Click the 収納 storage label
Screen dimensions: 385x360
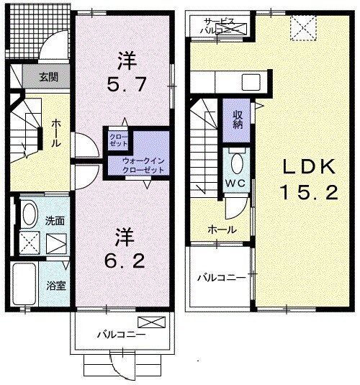(x=237, y=119)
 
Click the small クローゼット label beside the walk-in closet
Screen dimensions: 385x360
(x=117, y=139)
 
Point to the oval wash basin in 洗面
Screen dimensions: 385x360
(x=30, y=214)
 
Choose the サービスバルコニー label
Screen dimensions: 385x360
(x=220, y=27)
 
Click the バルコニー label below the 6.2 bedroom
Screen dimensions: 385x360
(x=122, y=335)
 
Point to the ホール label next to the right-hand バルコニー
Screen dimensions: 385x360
(x=220, y=229)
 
